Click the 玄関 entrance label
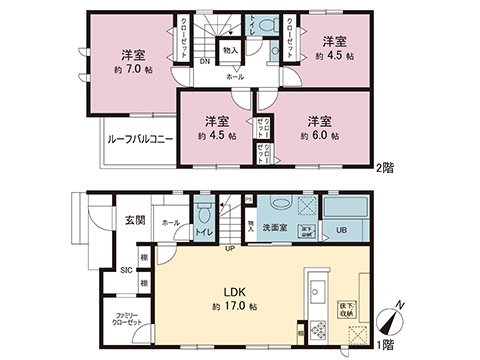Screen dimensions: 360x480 (x=134, y=219)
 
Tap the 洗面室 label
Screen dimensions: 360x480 (x=276, y=228)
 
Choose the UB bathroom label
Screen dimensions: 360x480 (x=341, y=230)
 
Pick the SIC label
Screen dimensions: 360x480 (x=127, y=270)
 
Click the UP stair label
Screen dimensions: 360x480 (x=230, y=247)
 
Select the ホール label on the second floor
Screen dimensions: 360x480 (x=235, y=76)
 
